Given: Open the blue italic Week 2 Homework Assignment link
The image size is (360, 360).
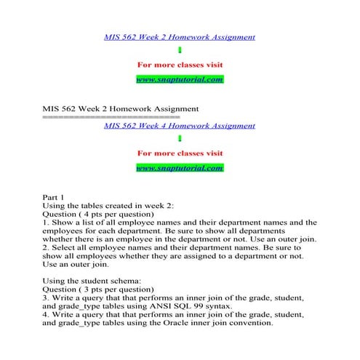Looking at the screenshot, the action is tap(180, 36).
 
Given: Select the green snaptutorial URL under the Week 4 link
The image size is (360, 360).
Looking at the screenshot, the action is tap(180, 168).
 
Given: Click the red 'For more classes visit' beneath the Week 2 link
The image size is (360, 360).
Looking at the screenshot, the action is tap(180, 64).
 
